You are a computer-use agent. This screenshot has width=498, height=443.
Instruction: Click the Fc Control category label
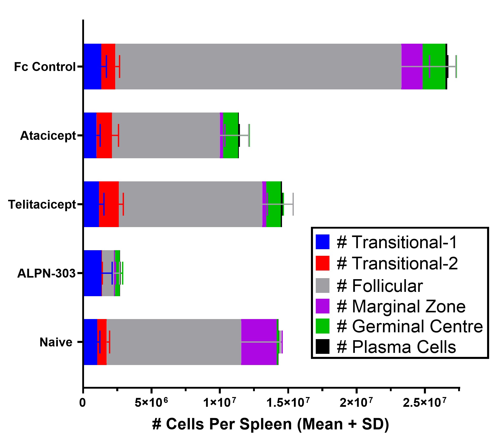pyautogui.click(x=45, y=67)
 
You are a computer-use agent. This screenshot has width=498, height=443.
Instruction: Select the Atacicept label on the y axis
pyautogui.click(x=48, y=136)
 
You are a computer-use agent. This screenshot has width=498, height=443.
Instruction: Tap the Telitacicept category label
pyautogui.click(x=42, y=204)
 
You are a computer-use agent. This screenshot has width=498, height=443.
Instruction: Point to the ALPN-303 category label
pyautogui.click(x=46, y=274)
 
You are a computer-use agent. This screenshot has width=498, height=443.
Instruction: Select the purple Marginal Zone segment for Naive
pyautogui.click(x=259, y=330)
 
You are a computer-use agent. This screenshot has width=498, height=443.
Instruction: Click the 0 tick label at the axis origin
pyautogui.click(x=82, y=403)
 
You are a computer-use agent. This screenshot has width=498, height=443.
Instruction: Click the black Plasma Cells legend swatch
pyautogui.click(x=322, y=346)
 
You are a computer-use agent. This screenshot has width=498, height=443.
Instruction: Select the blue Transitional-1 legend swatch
pyautogui.click(x=322, y=242)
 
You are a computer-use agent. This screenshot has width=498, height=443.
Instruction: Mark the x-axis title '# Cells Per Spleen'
pyautogui.click(x=270, y=424)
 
